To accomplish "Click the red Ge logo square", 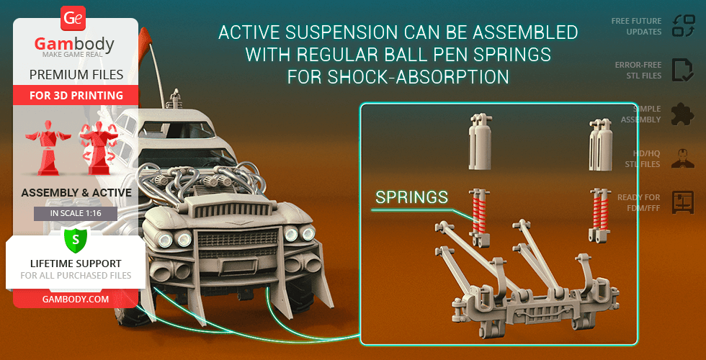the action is point(73,19).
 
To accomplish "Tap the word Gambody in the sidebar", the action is point(74,45).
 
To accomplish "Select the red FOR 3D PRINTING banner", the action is point(76,95).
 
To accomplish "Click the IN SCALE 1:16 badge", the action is point(76,213).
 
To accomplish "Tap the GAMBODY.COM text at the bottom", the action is point(76,299).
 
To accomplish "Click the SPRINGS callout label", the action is point(411,197).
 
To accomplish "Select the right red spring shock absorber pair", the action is point(599,216).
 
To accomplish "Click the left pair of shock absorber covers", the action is point(480,142).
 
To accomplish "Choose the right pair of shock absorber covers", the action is point(600,145).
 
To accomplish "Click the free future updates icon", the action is point(684,26).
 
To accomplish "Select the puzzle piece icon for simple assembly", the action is point(683,114).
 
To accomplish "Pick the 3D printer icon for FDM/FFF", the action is point(684,202).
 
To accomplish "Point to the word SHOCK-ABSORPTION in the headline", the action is point(419,77).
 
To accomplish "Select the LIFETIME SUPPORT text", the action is point(76,264).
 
